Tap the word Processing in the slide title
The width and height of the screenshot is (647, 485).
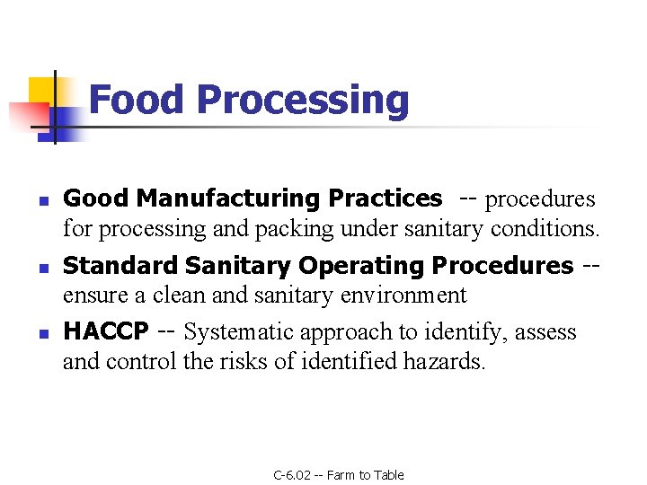click(303, 101)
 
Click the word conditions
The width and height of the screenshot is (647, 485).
click(545, 229)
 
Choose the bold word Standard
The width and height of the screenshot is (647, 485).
click(120, 266)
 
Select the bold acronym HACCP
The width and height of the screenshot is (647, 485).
click(106, 331)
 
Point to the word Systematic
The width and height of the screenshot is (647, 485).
click(238, 331)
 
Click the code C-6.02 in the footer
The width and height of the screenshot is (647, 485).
click(292, 475)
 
